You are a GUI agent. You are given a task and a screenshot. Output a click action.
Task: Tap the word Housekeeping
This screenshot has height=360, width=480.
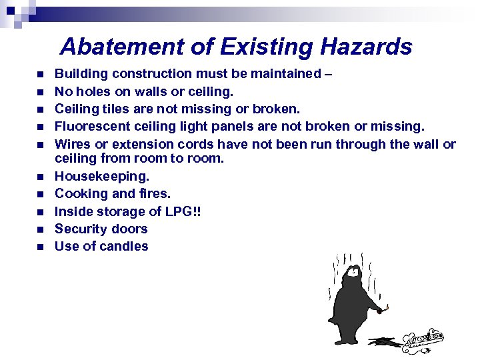[x=102, y=177]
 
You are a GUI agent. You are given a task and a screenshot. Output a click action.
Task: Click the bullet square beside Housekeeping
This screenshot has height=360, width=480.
[x=40, y=177]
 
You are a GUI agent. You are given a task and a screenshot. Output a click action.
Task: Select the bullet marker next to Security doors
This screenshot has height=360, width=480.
[x=40, y=229]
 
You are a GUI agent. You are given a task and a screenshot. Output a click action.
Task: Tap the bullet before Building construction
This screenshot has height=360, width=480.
[x=40, y=74]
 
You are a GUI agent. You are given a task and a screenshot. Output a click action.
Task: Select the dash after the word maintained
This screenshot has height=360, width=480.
[x=327, y=74]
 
